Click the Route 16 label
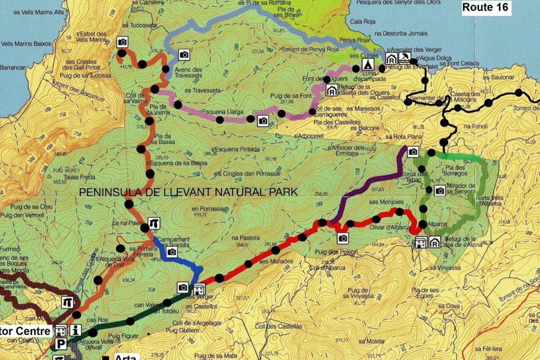point(485,7)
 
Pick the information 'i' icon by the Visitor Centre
point(75,330)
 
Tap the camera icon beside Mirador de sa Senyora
point(440,190)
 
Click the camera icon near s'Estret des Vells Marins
point(122,42)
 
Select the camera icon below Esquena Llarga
point(263,120)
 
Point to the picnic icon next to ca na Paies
point(154,222)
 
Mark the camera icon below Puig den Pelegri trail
point(343,238)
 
